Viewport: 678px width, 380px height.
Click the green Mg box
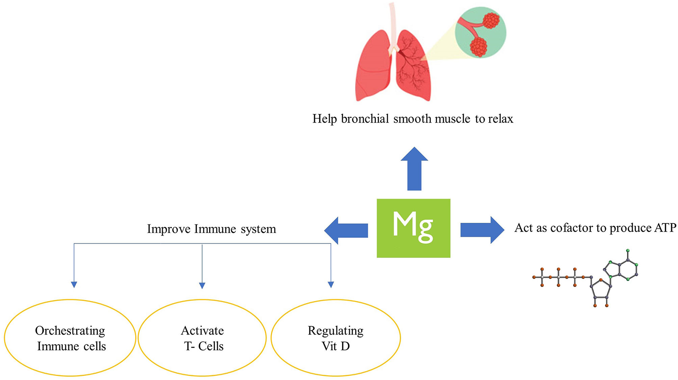(413, 228)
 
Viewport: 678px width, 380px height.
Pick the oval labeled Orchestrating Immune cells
(70, 338)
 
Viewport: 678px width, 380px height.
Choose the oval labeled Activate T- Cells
(202, 338)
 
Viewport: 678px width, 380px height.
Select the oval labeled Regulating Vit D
(336, 338)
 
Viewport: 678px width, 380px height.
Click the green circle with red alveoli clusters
(481, 33)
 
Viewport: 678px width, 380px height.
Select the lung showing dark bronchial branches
(413, 67)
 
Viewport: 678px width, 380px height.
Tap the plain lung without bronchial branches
(371, 67)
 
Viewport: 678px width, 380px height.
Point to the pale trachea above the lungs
(393, 23)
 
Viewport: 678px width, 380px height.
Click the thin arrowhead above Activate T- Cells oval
(202, 285)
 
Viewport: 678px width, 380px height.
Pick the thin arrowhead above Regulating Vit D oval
(331, 285)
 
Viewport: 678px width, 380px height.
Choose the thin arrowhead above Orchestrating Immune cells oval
(74, 285)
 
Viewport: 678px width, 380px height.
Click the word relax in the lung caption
(500, 119)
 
